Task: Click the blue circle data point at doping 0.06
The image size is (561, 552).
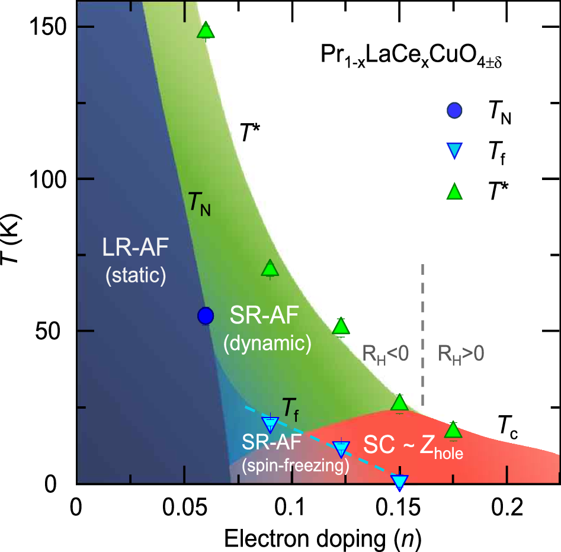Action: [x=206, y=316]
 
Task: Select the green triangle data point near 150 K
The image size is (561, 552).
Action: [x=206, y=30]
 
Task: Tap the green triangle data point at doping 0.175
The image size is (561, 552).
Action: [x=453, y=430]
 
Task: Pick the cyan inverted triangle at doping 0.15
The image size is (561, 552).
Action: [x=400, y=482]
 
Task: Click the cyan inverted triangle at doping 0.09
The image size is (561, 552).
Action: [x=270, y=423]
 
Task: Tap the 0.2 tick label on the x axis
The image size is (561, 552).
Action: [x=507, y=508]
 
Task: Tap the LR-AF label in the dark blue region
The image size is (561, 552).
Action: [x=134, y=248]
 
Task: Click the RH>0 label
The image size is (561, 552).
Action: [x=461, y=354]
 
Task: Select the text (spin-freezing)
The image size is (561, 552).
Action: [x=295, y=466]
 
